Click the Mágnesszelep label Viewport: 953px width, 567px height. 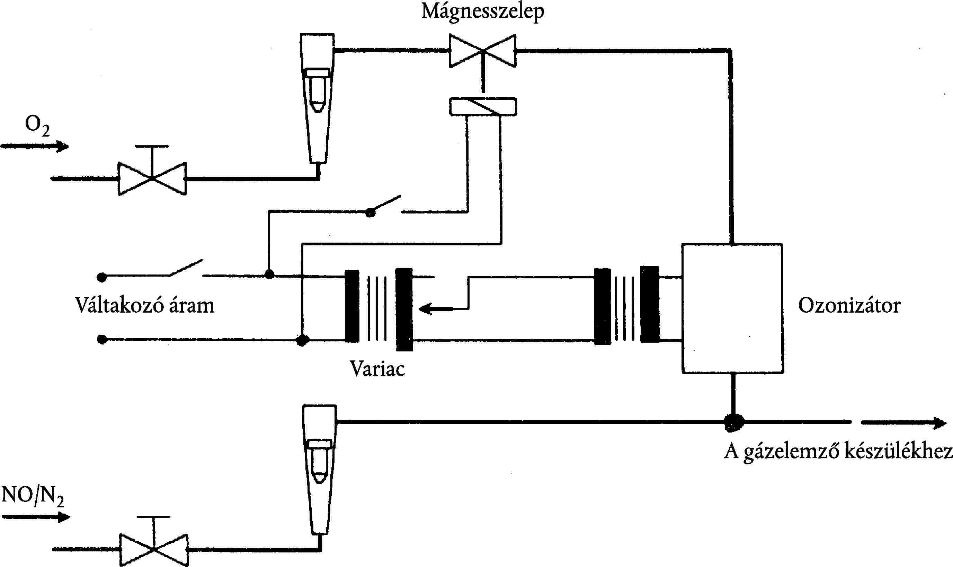click(482, 11)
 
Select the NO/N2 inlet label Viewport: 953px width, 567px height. click(33, 496)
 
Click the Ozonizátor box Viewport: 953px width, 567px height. click(732, 309)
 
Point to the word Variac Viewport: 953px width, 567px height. click(377, 369)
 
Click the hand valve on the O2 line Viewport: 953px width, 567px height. click(152, 178)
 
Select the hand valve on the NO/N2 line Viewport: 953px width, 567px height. click(153, 549)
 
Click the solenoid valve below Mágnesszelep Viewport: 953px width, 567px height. click(483, 51)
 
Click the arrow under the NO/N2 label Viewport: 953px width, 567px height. click(36, 517)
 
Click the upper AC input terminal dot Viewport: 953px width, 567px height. click(101, 277)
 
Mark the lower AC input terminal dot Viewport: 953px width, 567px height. click(102, 339)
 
